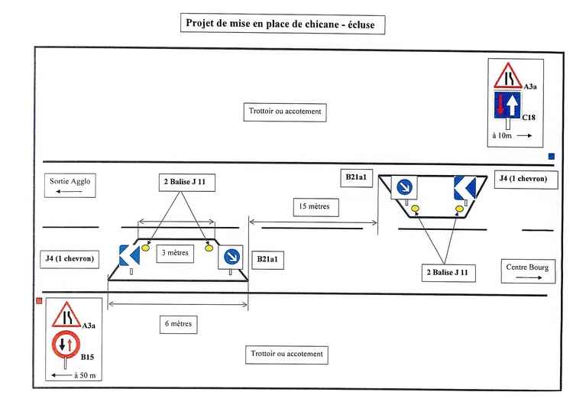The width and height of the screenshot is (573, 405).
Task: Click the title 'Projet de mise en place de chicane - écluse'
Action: tap(282, 23)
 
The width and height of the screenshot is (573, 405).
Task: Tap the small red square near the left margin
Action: tap(38, 302)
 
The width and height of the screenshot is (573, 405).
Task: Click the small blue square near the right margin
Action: tap(551, 158)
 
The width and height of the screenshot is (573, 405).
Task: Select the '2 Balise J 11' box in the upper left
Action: tap(181, 181)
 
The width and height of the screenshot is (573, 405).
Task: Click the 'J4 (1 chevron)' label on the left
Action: tap(70, 259)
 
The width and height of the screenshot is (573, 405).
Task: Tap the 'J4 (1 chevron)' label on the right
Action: tap(523, 178)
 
